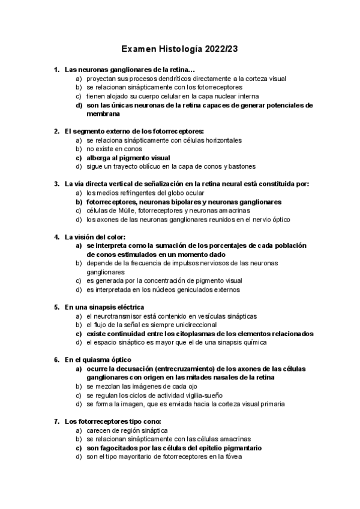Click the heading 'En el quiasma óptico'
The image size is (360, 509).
coord(97,360)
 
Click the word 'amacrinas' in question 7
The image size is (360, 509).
coord(232,439)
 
